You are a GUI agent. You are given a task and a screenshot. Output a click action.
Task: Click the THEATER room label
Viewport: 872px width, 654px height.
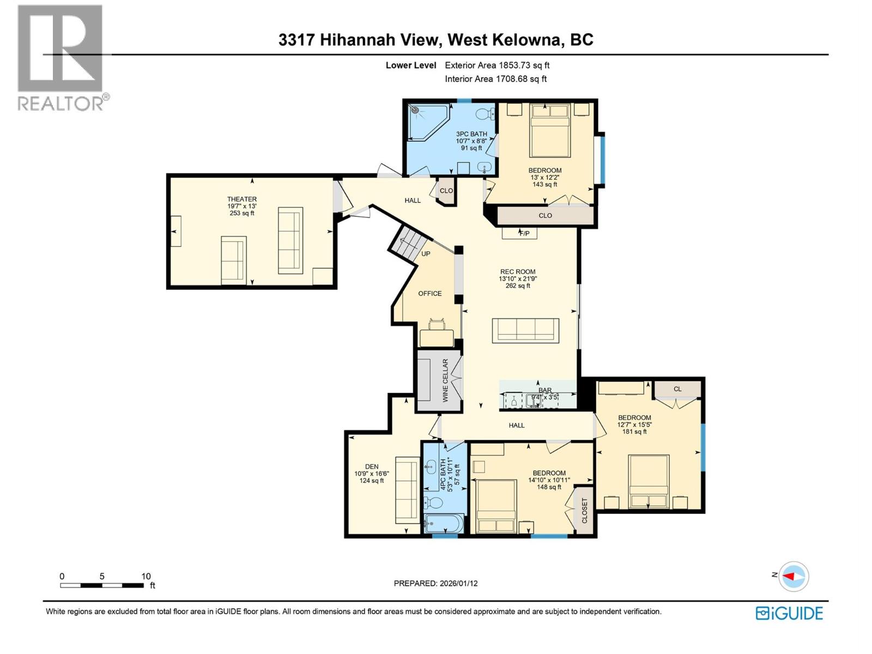(x=242, y=199)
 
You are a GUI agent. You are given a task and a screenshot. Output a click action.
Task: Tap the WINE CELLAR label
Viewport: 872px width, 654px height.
(x=445, y=380)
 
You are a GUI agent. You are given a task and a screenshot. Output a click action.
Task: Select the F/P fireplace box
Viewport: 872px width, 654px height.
(x=519, y=233)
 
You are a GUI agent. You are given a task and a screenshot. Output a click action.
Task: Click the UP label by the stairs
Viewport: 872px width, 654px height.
(x=426, y=254)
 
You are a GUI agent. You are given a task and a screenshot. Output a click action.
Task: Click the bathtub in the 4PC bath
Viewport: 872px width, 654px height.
(x=444, y=525)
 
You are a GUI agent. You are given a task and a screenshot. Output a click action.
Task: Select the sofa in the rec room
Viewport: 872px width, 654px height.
(x=525, y=330)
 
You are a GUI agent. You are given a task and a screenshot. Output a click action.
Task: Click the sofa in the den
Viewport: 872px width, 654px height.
(x=407, y=491)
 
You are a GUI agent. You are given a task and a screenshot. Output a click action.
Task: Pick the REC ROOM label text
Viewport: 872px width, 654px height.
(x=518, y=271)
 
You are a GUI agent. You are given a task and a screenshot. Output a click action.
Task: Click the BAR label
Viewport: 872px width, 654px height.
(x=545, y=390)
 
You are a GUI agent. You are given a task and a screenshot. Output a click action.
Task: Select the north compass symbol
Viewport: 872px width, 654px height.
(x=793, y=576)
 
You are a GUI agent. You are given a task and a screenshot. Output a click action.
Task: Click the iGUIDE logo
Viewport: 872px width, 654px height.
(x=789, y=613)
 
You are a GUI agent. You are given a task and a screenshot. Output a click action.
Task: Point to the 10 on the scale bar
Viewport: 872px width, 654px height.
(x=146, y=576)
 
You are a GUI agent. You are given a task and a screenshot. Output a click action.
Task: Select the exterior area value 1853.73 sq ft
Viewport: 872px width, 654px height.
(x=524, y=65)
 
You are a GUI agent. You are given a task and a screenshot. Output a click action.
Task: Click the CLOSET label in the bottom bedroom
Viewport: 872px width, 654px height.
(x=584, y=510)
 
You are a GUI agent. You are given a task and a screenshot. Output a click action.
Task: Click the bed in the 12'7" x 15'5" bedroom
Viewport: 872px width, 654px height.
(x=649, y=481)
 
